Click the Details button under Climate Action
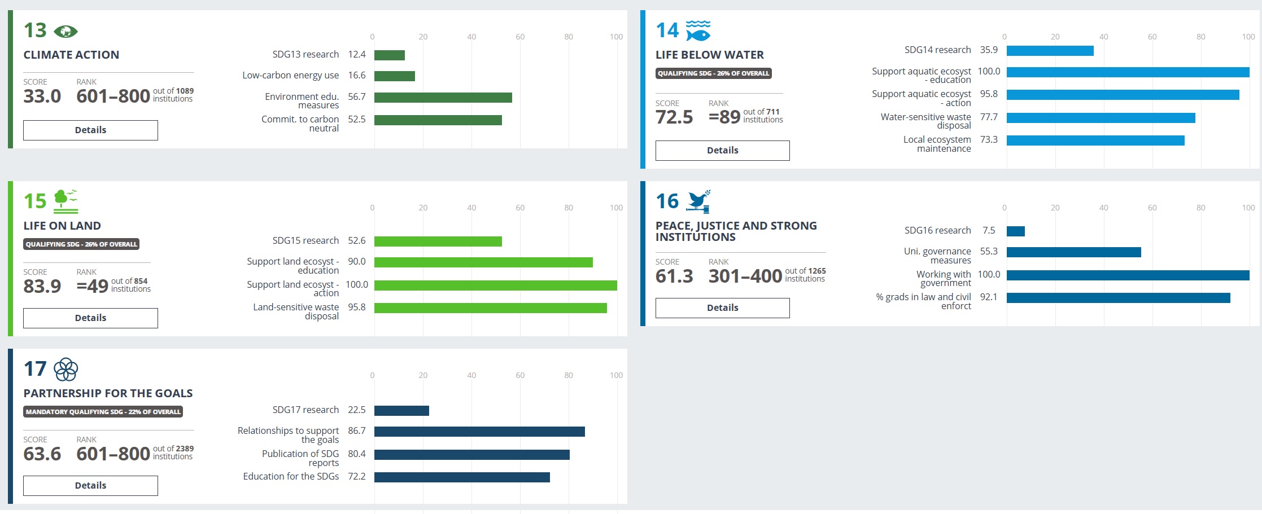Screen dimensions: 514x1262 (x=90, y=130)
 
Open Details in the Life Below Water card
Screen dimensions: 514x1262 (x=722, y=151)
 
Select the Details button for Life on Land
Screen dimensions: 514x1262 (x=90, y=318)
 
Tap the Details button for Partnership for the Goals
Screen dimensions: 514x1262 (x=90, y=486)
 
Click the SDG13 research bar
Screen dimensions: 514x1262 (x=389, y=55)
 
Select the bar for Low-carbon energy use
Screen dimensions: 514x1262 (x=394, y=76)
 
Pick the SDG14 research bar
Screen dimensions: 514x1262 (x=1050, y=51)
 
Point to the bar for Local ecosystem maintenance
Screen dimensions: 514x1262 (x=1095, y=140)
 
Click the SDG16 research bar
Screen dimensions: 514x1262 (x=1015, y=231)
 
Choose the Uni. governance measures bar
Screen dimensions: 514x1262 (x=1073, y=252)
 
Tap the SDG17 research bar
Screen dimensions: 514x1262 (x=401, y=411)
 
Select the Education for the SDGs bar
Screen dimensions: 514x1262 (x=462, y=477)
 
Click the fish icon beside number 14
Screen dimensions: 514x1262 (x=698, y=31)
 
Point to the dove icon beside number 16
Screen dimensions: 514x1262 (x=698, y=201)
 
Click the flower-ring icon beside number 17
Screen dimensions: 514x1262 (x=65, y=370)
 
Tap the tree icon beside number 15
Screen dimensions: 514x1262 (x=65, y=201)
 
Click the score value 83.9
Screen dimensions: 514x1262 (x=42, y=286)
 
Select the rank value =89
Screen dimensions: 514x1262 (x=724, y=117)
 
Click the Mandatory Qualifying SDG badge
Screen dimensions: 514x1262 (x=103, y=412)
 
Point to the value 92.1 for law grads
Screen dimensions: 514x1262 (x=988, y=297)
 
